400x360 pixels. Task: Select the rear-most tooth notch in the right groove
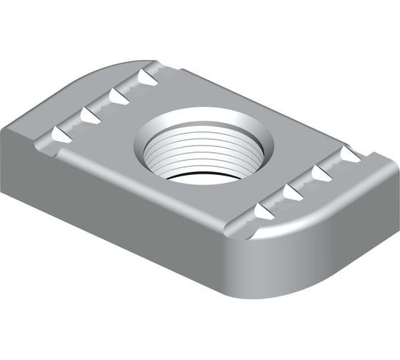(349, 153)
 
